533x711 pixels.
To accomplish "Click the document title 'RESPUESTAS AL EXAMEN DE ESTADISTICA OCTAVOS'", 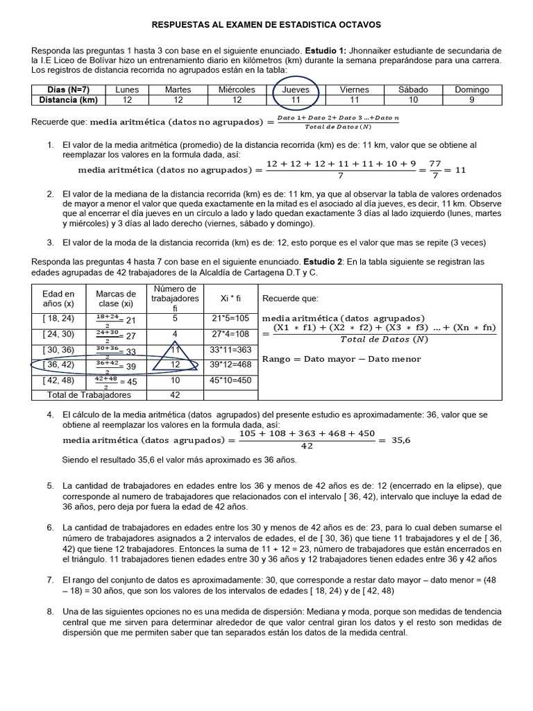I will pos(266,25).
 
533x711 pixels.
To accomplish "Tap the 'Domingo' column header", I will pos(472,90).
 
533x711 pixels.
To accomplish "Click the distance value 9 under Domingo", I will pos(472,99).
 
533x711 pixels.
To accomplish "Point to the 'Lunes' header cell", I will pos(127,90).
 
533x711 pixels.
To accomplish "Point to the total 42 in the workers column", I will pos(176,395).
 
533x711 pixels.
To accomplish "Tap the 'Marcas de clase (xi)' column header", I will pos(116,298).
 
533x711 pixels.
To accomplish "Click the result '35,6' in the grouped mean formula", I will pos(401,440).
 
